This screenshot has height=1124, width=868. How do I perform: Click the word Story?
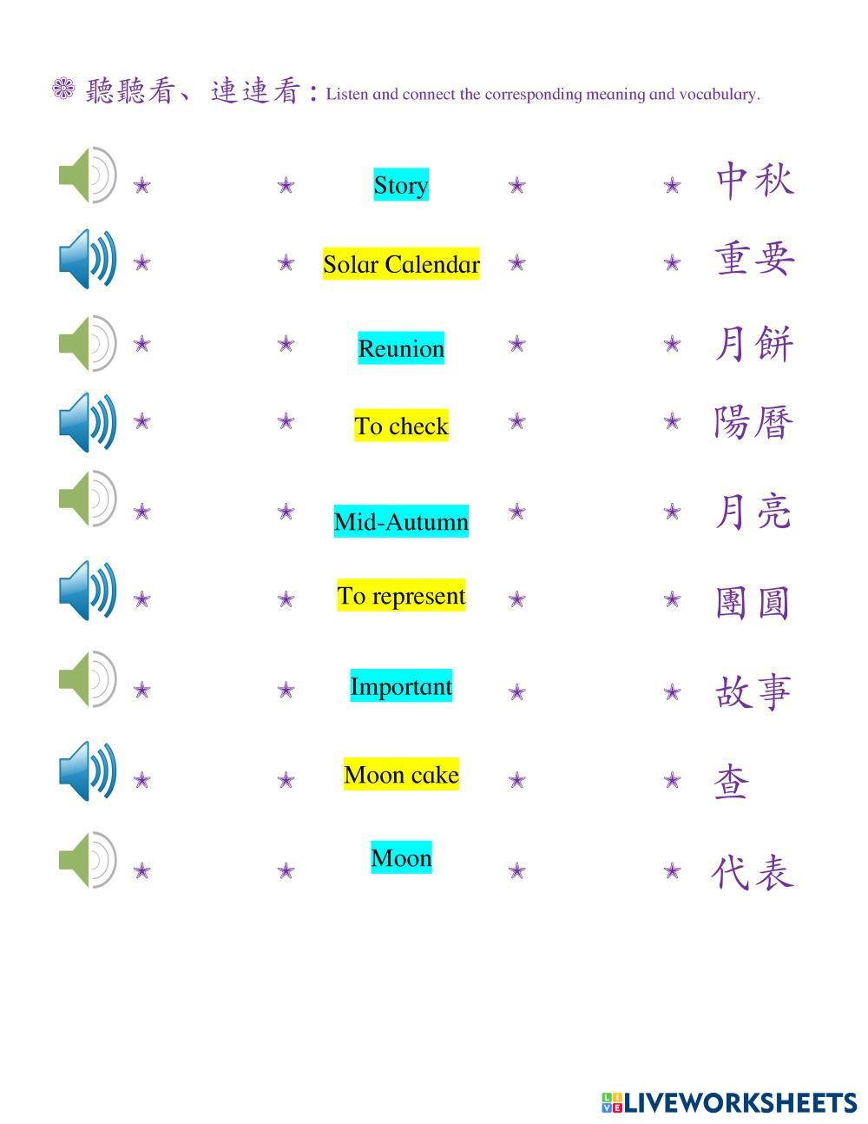click(x=401, y=185)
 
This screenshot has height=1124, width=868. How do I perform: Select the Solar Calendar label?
click(x=401, y=264)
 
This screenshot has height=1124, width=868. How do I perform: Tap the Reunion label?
click(x=401, y=348)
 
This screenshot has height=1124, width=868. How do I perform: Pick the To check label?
click(x=401, y=426)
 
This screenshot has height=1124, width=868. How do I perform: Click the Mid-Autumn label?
click(x=401, y=521)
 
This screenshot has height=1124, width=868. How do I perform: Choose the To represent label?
click(x=401, y=596)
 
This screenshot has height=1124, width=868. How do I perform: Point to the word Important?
click(x=401, y=686)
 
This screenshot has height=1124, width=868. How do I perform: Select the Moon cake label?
click(x=401, y=774)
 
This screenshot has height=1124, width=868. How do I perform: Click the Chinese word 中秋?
click(x=754, y=181)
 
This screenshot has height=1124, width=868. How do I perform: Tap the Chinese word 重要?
click(x=754, y=259)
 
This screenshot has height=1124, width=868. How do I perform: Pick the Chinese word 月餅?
click(x=754, y=344)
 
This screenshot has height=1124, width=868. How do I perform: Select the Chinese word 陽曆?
click(x=754, y=423)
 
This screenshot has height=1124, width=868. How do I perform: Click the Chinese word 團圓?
click(x=753, y=602)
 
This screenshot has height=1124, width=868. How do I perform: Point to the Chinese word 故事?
click(x=753, y=692)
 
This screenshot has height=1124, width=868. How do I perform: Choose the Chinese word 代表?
click(x=753, y=872)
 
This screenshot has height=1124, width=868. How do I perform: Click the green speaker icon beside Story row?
click(x=87, y=175)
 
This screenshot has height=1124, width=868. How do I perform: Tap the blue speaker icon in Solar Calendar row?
click(x=87, y=259)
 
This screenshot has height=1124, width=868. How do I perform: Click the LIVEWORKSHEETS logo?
click(x=729, y=1102)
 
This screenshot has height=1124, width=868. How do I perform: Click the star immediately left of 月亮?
click(x=672, y=512)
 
